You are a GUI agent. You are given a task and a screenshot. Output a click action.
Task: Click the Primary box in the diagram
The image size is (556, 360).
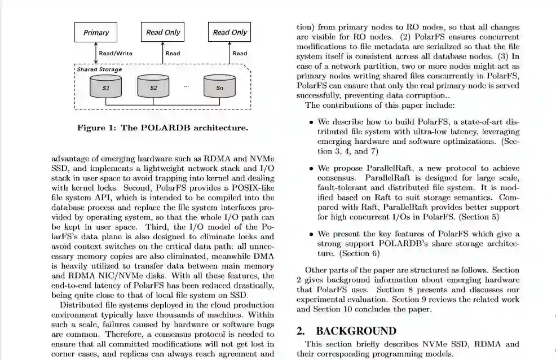pos(96,32)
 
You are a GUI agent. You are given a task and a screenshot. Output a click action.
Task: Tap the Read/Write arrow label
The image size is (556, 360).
pos(116,54)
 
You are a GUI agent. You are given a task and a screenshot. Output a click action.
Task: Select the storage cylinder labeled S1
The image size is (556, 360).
pos(106,88)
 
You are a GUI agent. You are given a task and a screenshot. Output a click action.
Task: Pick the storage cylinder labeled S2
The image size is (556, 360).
pos(153,88)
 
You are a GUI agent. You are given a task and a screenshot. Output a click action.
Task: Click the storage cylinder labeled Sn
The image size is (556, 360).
pos(220,88)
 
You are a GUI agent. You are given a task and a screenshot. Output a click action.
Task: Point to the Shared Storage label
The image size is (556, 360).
pos(99,69)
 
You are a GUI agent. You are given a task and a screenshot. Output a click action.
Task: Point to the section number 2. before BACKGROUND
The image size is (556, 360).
pos(302,331)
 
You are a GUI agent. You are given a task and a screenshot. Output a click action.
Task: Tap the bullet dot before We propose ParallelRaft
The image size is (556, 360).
pos(311,169)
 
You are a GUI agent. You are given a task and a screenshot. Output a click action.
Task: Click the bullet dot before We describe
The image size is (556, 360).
pos(311,122)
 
